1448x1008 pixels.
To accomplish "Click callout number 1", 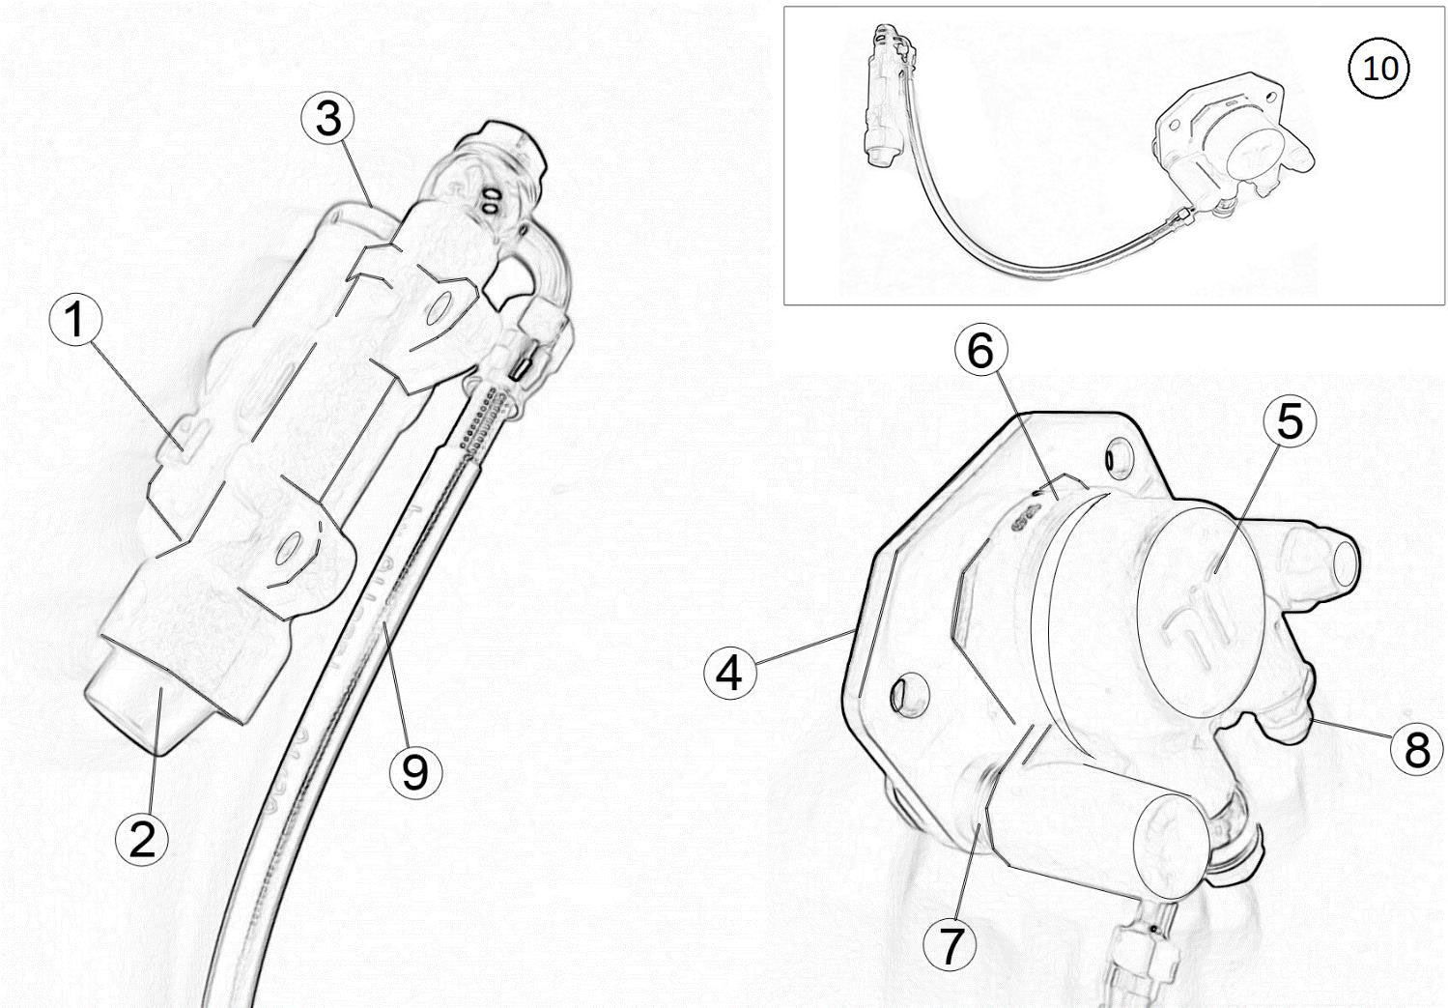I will point(76,320).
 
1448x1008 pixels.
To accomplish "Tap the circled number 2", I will point(142,838).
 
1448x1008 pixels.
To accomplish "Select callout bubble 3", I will point(328,119).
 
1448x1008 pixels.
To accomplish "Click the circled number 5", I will point(1291,421).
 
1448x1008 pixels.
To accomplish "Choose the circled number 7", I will point(951,945).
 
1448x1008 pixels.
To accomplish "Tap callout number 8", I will point(1417,747).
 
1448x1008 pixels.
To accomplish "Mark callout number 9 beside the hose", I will point(415,771).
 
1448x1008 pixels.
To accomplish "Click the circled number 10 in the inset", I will point(1379,69).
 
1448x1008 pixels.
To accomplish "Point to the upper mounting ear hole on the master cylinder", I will point(440,308).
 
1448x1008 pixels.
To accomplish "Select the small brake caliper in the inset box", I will point(1227,150).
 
